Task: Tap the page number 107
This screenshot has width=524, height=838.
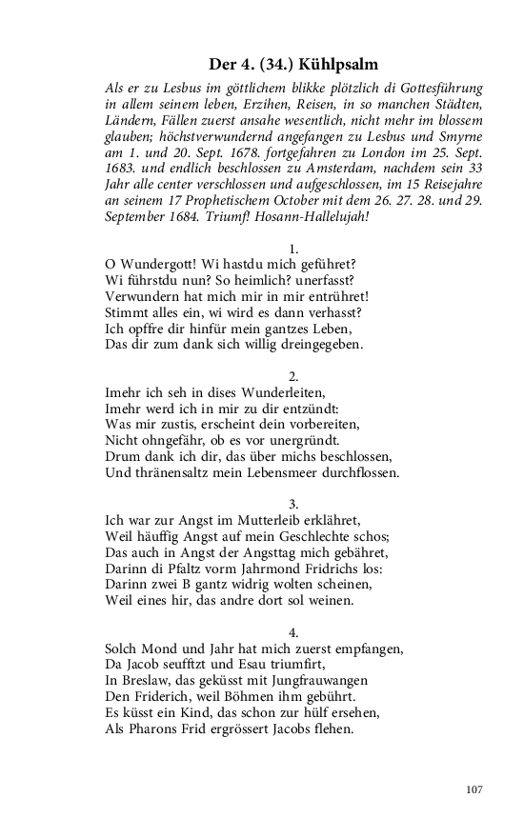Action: tap(475, 790)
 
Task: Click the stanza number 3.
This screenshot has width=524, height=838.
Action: tap(294, 502)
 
